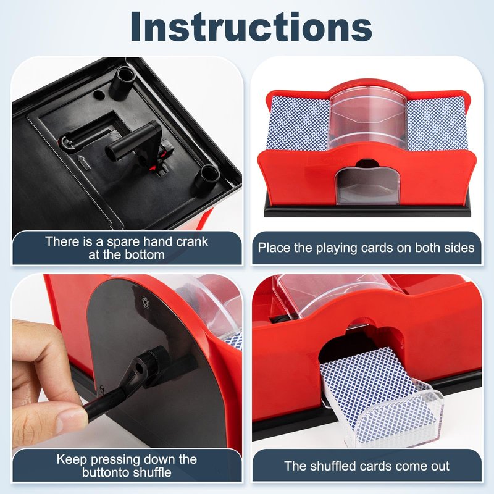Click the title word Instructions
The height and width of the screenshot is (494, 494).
click(251, 27)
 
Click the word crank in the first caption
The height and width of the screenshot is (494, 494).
click(192, 241)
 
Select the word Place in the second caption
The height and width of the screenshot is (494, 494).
click(274, 248)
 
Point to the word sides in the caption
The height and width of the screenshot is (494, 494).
click(459, 248)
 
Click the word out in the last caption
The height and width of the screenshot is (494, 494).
click(438, 466)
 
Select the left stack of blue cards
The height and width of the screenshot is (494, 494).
click(298, 124)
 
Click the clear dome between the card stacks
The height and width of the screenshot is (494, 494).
click(367, 118)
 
